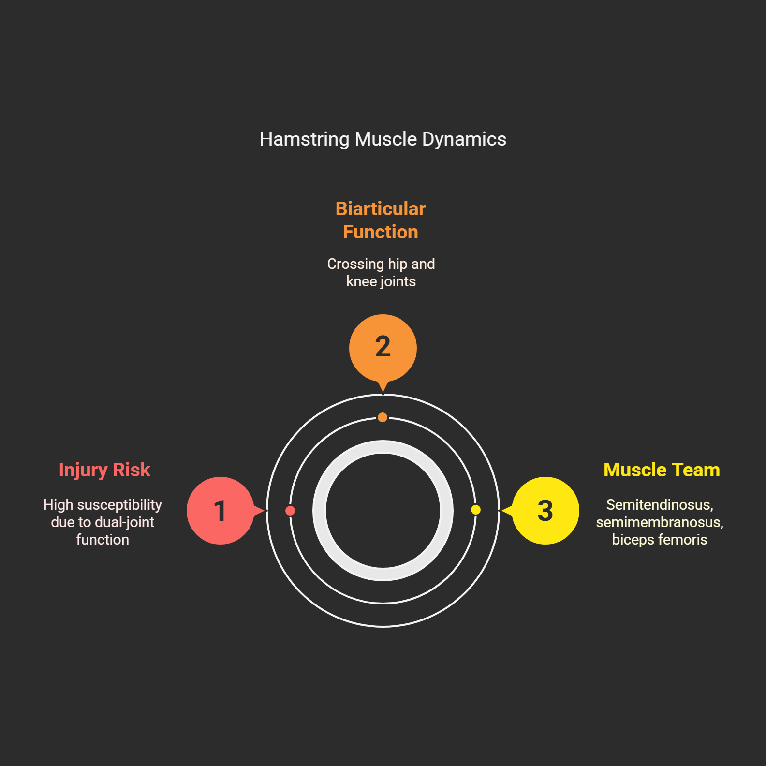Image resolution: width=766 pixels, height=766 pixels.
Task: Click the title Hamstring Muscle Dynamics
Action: pos(383,139)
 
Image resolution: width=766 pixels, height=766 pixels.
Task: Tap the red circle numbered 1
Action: pos(221,511)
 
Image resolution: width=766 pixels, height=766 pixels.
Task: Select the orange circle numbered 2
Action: pos(383,348)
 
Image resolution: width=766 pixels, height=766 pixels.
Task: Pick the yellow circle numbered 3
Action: pos(545,511)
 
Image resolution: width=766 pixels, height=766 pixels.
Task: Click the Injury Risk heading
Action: pos(104,470)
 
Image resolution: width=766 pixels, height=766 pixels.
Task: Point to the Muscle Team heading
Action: pos(662,470)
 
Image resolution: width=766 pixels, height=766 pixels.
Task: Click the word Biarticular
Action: pos(381,209)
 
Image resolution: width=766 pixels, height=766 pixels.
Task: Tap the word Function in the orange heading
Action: pos(381,232)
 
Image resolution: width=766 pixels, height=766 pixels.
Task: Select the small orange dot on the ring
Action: pos(383,417)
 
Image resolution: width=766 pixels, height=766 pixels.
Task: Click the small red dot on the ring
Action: pos(290,511)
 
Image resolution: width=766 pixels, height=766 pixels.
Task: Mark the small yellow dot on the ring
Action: pos(476,510)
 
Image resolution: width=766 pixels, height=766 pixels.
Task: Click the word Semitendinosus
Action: pos(659,505)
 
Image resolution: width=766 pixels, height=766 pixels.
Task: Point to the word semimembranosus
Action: pos(659,522)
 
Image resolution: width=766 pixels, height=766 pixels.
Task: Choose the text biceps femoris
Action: pos(659,540)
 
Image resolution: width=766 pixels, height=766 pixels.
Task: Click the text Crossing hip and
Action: pos(381,264)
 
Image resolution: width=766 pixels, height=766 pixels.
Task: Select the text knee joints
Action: pos(381,281)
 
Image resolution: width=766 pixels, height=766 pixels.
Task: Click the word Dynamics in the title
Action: pos(464,139)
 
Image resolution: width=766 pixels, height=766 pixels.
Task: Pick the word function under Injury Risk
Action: pos(103,540)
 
